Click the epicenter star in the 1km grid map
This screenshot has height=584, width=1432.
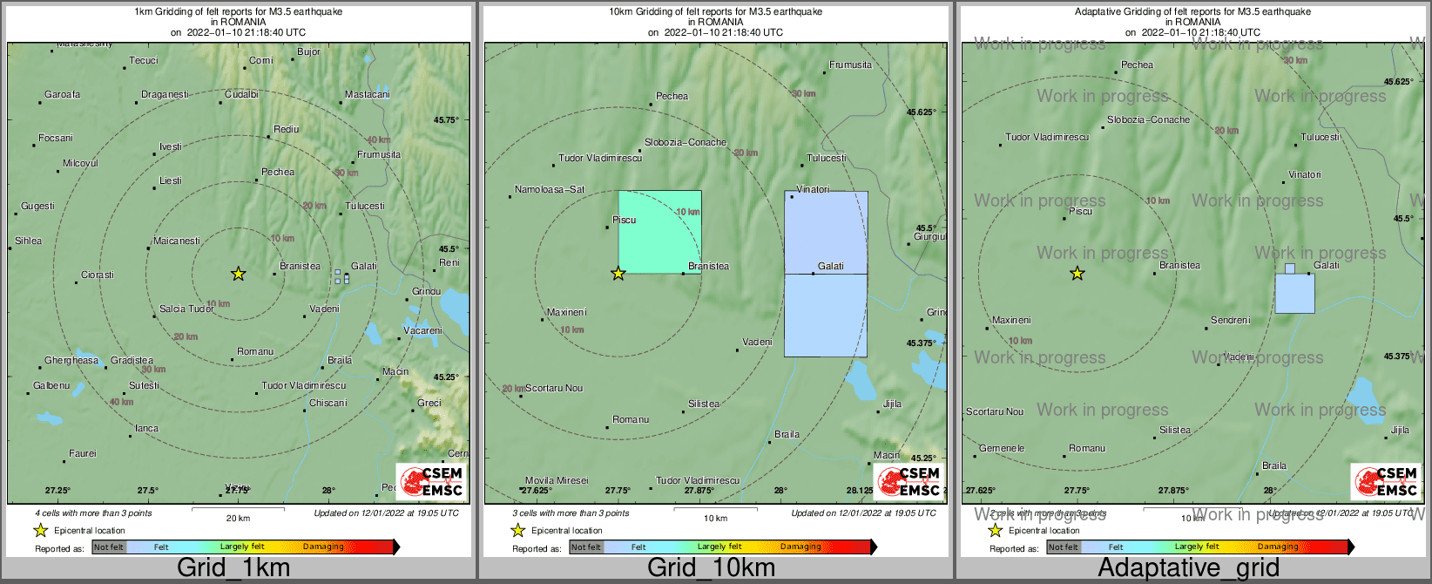tap(238, 274)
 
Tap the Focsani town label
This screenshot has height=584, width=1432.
tap(56, 138)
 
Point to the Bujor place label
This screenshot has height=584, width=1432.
tap(308, 51)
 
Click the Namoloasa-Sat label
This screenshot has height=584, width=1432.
tap(550, 189)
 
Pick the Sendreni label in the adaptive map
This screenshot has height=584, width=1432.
tap(1230, 320)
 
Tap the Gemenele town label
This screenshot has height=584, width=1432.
tap(1002, 448)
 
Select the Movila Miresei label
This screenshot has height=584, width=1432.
tap(557, 480)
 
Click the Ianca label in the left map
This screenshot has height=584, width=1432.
tap(147, 428)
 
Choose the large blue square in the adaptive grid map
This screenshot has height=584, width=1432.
tap(1294, 293)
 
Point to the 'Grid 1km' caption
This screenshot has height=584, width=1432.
tap(233, 567)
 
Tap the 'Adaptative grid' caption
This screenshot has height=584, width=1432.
tap(1188, 567)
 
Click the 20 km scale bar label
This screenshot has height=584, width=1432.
tap(238, 518)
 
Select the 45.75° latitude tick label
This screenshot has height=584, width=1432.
tap(446, 120)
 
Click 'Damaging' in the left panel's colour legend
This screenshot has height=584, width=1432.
tap(323, 547)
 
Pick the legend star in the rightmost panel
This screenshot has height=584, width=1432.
tap(995, 530)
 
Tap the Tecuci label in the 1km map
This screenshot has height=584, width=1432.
tap(144, 60)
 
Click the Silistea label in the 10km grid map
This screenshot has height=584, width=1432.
tap(704, 404)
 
